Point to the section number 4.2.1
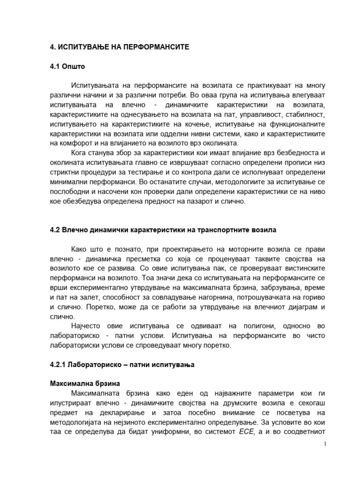click(59, 364)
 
